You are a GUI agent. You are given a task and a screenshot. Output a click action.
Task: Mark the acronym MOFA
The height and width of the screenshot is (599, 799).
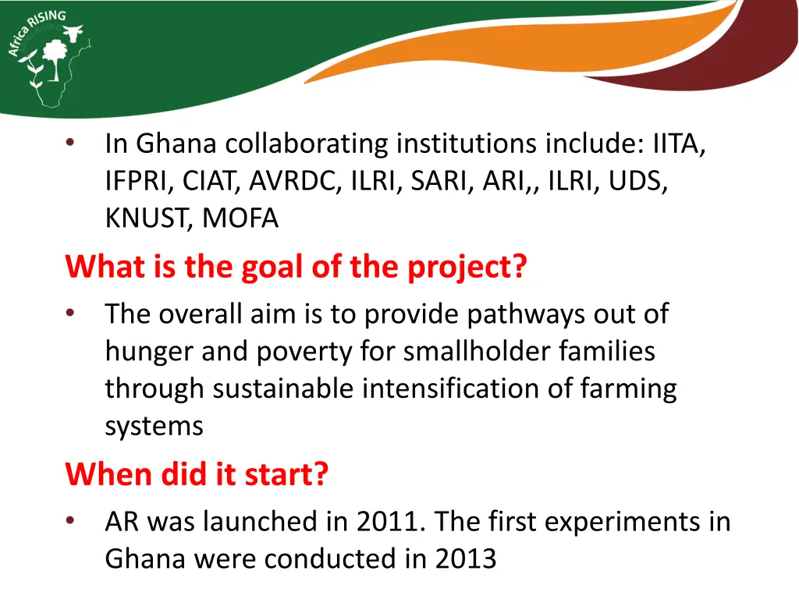(x=240, y=219)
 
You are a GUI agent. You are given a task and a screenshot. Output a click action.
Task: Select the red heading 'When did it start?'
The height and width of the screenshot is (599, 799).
(x=197, y=474)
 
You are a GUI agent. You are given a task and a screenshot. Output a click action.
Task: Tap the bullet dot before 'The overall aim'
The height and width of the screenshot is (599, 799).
(x=71, y=314)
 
